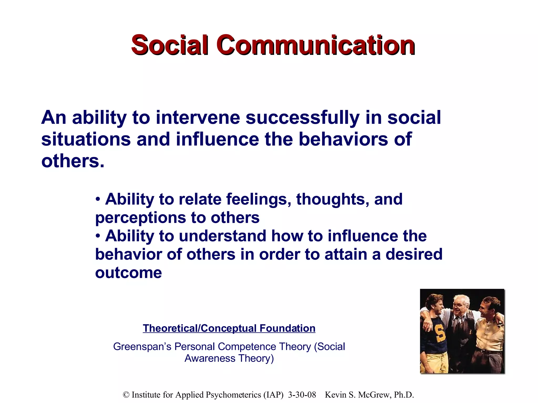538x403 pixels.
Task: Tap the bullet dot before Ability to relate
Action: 98,199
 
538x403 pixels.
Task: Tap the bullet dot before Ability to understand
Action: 98,236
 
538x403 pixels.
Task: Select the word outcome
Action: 128,273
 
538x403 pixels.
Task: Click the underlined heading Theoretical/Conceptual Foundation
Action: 229,328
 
